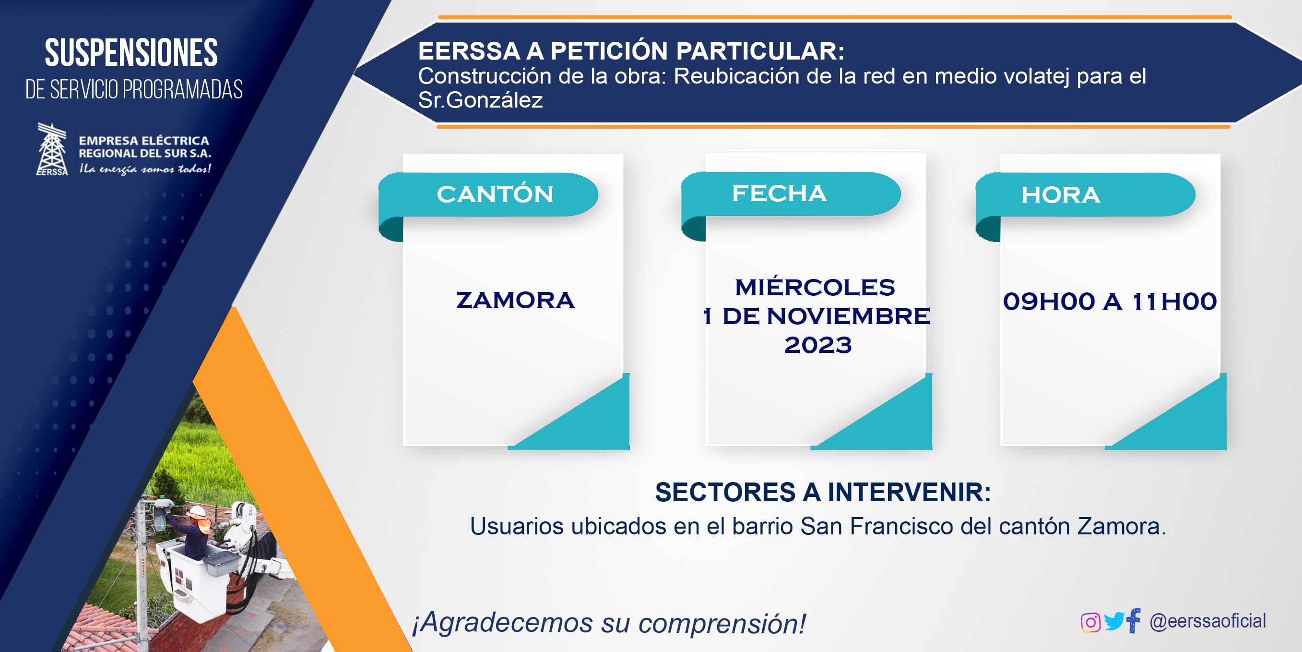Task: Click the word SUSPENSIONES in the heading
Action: (x=131, y=53)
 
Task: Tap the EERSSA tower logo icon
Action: (x=52, y=149)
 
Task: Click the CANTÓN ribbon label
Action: (x=495, y=194)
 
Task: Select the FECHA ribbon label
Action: (x=780, y=193)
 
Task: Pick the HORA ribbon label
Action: (x=1061, y=195)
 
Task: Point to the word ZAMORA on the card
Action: (x=515, y=300)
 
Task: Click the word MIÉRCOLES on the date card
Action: (x=815, y=287)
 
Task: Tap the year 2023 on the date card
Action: (x=818, y=346)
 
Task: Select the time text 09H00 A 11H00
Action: (x=1110, y=302)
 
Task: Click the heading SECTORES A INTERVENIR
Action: (x=823, y=492)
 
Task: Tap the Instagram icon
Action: (x=1090, y=622)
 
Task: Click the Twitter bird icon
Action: (x=1114, y=621)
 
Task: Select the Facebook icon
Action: (x=1134, y=621)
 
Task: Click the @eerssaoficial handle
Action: (x=1208, y=621)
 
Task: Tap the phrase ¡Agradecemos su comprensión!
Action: (x=609, y=623)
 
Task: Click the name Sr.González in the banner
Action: (x=480, y=100)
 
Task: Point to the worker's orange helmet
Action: (x=197, y=511)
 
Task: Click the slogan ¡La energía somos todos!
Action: (x=145, y=169)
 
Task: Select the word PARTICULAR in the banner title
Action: (x=760, y=51)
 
